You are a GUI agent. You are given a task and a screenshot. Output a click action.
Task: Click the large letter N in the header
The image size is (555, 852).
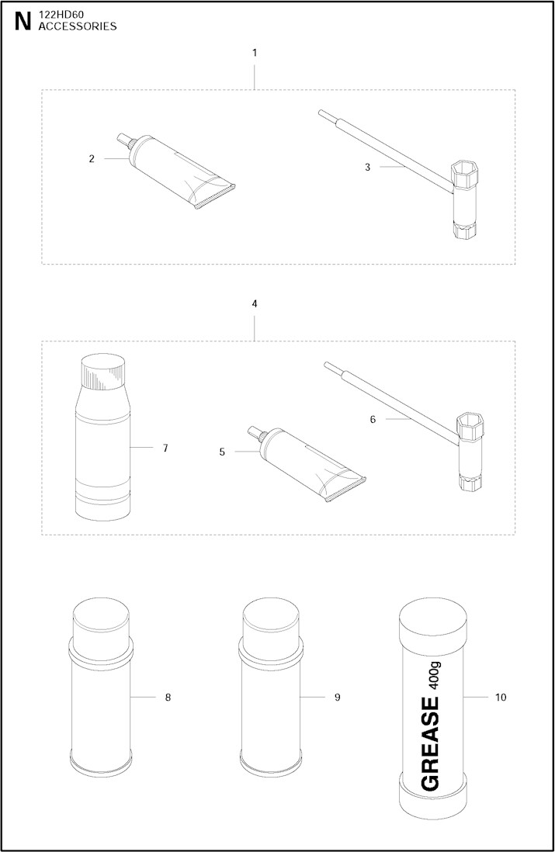[x=23, y=21]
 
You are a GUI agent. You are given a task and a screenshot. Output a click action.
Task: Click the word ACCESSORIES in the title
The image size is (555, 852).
[x=78, y=26]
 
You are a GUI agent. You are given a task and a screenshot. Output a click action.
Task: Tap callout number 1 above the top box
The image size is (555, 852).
[x=255, y=53]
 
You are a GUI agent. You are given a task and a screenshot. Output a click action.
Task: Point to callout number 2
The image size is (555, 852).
[x=92, y=158]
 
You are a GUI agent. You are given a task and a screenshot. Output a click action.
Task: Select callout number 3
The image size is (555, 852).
[x=367, y=168]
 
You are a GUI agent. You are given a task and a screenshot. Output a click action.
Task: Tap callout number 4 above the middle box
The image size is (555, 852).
[x=255, y=303]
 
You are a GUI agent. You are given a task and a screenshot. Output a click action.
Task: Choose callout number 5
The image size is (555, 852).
[x=222, y=452]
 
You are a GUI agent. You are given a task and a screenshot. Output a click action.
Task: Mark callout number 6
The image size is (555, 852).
[x=373, y=420]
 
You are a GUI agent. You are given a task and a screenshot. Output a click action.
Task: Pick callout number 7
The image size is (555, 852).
[x=165, y=449]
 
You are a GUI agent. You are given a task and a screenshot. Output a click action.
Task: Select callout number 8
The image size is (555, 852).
[x=168, y=697]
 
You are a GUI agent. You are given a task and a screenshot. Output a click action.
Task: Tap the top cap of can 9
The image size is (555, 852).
[x=271, y=619]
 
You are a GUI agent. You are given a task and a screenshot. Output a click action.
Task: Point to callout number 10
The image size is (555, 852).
[x=501, y=697]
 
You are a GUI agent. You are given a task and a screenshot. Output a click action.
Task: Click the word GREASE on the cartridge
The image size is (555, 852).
[x=431, y=744]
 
